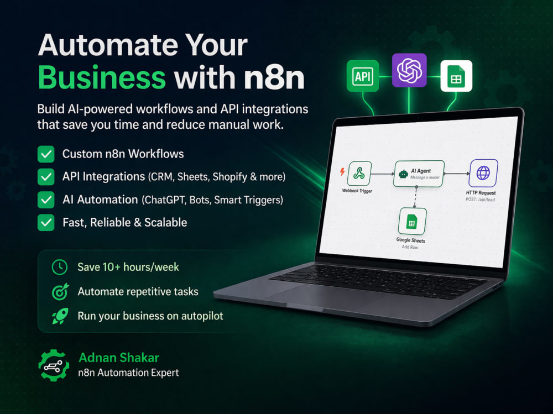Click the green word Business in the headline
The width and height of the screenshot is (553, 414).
[x=102, y=77]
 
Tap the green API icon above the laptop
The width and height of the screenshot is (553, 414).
[x=363, y=76]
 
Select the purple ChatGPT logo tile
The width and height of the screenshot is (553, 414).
[x=409, y=70]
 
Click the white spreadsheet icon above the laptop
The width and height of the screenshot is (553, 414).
[x=456, y=76]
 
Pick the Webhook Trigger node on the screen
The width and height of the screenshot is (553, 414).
[x=359, y=173]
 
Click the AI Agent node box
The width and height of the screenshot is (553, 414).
[x=419, y=174]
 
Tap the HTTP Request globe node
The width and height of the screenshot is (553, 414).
[x=483, y=173]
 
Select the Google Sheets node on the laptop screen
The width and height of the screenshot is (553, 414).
[x=412, y=222]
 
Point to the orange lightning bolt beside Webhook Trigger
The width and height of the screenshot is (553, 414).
[x=342, y=171]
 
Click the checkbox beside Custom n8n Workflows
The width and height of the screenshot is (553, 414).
[x=46, y=154]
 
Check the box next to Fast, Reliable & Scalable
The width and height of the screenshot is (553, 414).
[x=46, y=223]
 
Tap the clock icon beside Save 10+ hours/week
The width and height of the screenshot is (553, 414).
[x=60, y=267]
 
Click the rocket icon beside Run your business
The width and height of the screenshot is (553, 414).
[x=60, y=316]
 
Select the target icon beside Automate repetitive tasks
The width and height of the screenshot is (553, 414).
[x=60, y=292]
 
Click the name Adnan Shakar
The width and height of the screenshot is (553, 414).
[x=119, y=358]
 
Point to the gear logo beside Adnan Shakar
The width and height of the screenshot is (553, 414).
[x=54, y=365]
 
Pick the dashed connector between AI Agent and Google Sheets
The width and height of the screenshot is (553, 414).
[x=415, y=197]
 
